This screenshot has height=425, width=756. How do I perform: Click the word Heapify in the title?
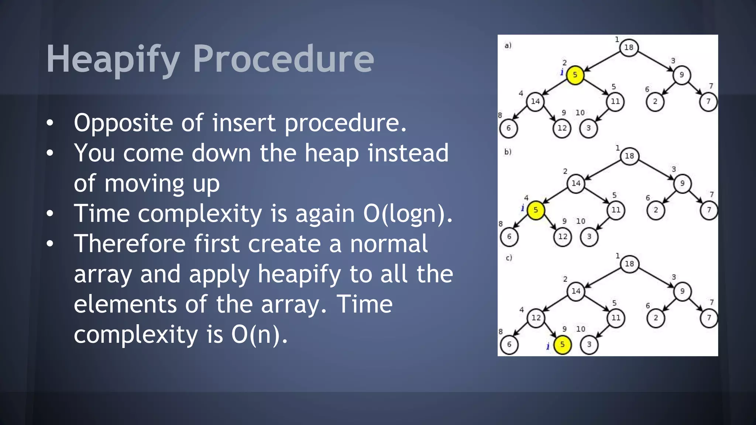click(x=113, y=59)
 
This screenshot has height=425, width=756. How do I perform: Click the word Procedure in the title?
click(x=283, y=59)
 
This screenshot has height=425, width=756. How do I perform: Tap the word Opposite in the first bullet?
click(x=123, y=123)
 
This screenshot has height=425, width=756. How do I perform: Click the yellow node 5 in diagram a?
click(x=575, y=75)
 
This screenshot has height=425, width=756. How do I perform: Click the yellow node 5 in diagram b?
click(x=535, y=210)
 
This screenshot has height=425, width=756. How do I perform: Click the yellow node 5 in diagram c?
click(x=562, y=345)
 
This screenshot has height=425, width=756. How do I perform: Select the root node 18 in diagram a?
click(x=629, y=47)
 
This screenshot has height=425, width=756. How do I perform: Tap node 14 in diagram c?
click(x=576, y=291)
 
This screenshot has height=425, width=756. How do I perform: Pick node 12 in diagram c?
click(x=536, y=318)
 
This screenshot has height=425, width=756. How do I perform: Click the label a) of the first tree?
click(x=508, y=45)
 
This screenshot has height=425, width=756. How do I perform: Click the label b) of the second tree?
click(x=508, y=152)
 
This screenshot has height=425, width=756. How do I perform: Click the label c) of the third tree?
click(x=509, y=258)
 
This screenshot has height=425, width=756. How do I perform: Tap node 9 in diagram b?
click(x=682, y=183)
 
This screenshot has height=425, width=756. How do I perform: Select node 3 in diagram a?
click(x=588, y=128)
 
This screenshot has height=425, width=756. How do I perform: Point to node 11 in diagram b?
click(x=616, y=210)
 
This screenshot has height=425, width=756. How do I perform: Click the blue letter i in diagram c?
click(x=548, y=346)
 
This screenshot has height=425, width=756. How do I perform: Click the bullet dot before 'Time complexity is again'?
click(x=50, y=214)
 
